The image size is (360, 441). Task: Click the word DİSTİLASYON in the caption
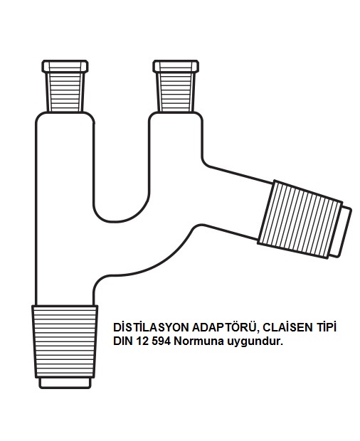pyautogui.click(x=151, y=327)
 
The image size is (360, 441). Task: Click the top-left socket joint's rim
pyautogui.click(x=65, y=66)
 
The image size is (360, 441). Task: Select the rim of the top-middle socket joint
pyautogui.click(x=176, y=66)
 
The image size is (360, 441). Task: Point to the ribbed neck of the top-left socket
pyautogui.click(x=65, y=92)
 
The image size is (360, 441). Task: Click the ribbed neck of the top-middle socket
pyautogui.click(x=176, y=92)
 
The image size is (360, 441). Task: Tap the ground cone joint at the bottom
pyautogui.click(x=65, y=341)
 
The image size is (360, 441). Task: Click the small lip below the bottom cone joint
pyautogui.click(x=65, y=383)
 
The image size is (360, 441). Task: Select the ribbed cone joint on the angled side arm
pyautogui.click(x=300, y=219)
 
